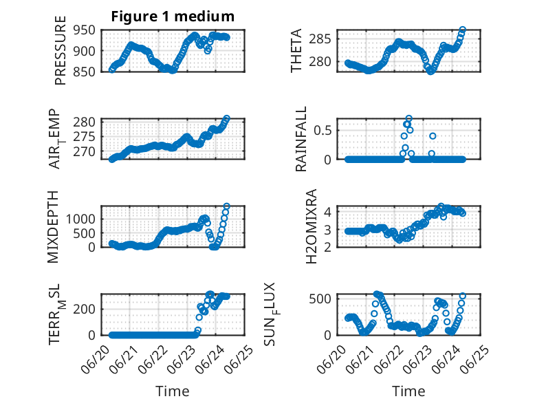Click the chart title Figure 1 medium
(173, 17)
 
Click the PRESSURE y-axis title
(60, 50)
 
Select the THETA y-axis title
(296, 50)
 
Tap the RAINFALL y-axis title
(301, 139)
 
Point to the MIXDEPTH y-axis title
(53, 227)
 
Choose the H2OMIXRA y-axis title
(312, 226)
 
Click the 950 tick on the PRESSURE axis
(84, 30)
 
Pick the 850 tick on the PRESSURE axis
(84, 72)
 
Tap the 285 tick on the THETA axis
(320, 39)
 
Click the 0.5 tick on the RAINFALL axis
(323, 131)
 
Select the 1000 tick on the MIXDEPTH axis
(80, 219)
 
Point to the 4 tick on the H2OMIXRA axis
(328, 212)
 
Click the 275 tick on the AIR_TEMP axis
(84, 137)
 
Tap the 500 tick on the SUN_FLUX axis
(320, 299)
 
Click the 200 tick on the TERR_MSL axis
(84, 310)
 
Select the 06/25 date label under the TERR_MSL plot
(241, 358)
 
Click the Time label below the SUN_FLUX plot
(408, 391)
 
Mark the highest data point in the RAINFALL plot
(408, 119)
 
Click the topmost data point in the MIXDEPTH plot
(226, 206)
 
